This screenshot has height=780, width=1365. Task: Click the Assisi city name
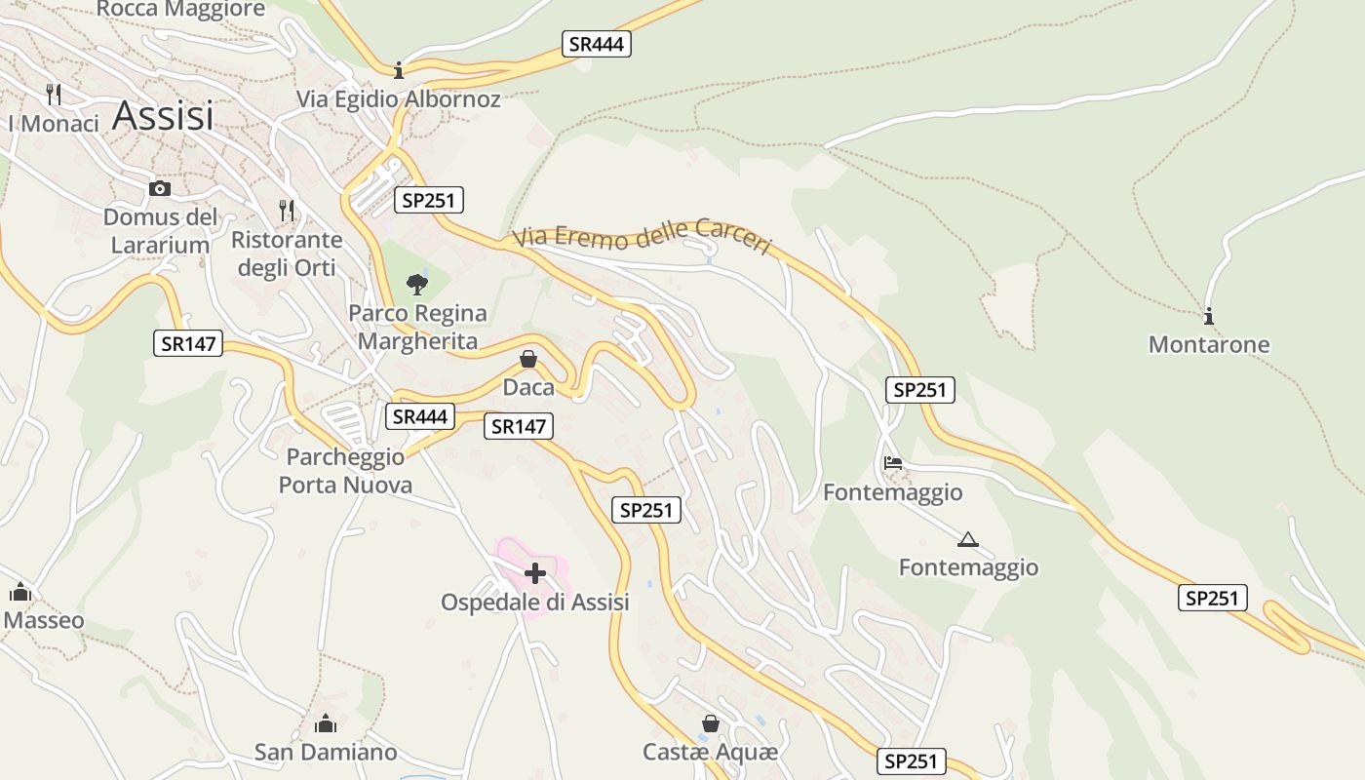tap(163, 116)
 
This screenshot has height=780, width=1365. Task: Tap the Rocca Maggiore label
tap(181, 10)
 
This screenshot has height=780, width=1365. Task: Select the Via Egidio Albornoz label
tap(399, 99)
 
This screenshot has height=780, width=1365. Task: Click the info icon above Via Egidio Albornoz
tap(398, 70)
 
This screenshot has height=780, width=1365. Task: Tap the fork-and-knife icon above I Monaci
tap(54, 95)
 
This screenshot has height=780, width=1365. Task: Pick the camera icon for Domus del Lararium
tap(160, 188)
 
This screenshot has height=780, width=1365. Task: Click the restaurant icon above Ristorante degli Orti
tap(287, 210)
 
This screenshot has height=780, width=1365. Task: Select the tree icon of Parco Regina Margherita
tap(417, 285)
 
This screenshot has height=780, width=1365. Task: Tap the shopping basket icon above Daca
tap(528, 359)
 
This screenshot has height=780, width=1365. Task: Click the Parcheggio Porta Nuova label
tap(345, 471)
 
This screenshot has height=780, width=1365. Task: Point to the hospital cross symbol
tap(535, 573)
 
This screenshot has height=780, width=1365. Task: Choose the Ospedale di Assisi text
tap(535, 603)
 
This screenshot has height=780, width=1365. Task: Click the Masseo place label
tap(44, 621)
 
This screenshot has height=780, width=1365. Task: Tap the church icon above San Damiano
tap(326, 723)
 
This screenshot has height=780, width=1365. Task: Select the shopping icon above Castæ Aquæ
tap(711, 723)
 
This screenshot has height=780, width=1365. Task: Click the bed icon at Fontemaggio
tap(892, 463)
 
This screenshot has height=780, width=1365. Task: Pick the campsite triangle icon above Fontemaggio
tap(967, 539)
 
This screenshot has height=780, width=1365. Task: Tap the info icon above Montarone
tap(1209, 316)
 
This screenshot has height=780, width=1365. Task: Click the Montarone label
tap(1209, 345)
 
